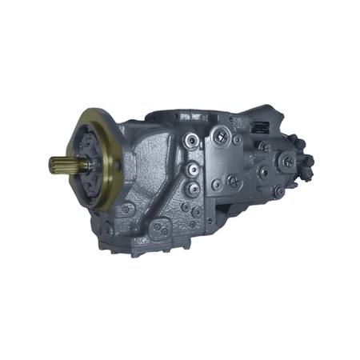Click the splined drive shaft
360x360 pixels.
pyautogui.click(x=63, y=166)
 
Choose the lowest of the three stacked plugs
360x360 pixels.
pyautogui.click(x=193, y=190)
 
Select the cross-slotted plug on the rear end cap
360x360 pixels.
pyautogui.click(x=287, y=161)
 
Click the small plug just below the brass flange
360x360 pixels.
pyautogui.click(x=123, y=210)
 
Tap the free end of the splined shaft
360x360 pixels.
pyautogui.click(x=50, y=166)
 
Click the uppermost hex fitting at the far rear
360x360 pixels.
pyautogui.click(x=301, y=145)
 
